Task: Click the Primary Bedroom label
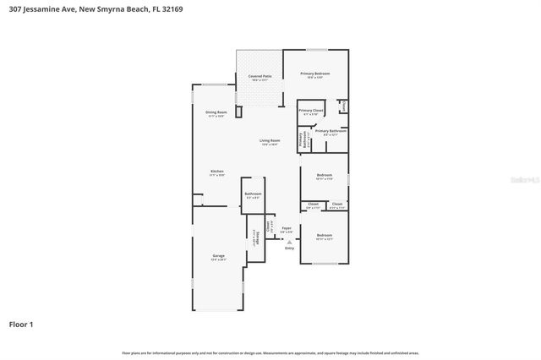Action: pyautogui.click(x=315, y=74)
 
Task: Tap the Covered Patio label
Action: pyautogui.click(x=260, y=77)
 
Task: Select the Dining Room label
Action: pyautogui.click(x=216, y=112)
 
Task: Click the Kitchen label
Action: pyautogui.click(x=217, y=172)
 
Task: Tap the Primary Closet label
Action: pyautogui.click(x=311, y=111)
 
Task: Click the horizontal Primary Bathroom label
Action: pyautogui.click(x=331, y=131)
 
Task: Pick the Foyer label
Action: pyautogui.click(x=287, y=227)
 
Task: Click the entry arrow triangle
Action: pyautogui.click(x=289, y=241)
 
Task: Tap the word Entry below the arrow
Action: pyautogui.click(x=289, y=248)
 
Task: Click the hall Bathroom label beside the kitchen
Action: pyautogui.click(x=253, y=194)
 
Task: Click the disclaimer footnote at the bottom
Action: pyautogui.click(x=270, y=352)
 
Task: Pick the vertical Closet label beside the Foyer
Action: pyautogui.click(x=270, y=226)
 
